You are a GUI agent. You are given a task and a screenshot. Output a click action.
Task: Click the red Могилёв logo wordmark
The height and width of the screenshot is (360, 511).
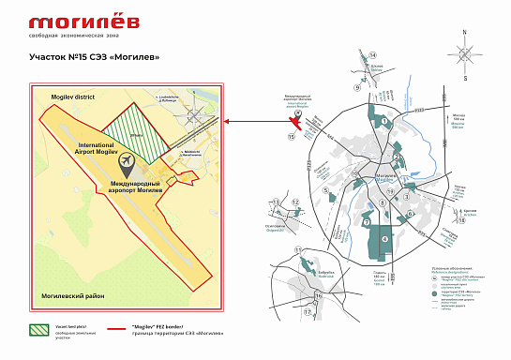click(70, 22)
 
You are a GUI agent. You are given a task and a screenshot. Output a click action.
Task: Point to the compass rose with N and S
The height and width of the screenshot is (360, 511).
click(465, 55)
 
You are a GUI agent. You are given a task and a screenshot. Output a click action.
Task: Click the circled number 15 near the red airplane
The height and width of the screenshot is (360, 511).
click(291, 136)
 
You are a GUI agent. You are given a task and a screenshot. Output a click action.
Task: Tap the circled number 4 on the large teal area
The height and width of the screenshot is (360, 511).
click(384, 238)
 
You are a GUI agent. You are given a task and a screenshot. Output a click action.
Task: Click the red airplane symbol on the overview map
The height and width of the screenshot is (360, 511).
click(297, 120)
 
